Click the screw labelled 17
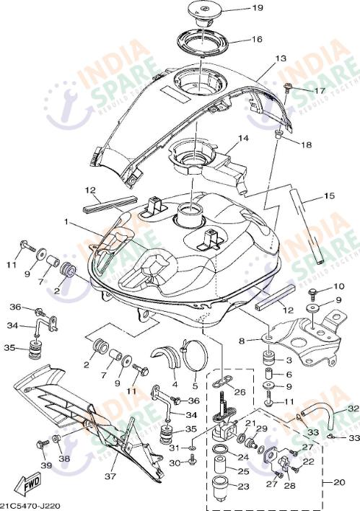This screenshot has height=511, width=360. pyautogui.click(x=289, y=89)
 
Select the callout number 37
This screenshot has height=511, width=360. pyautogui.click(x=110, y=477)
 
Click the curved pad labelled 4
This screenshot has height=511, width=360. pyautogui.click(x=167, y=358)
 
